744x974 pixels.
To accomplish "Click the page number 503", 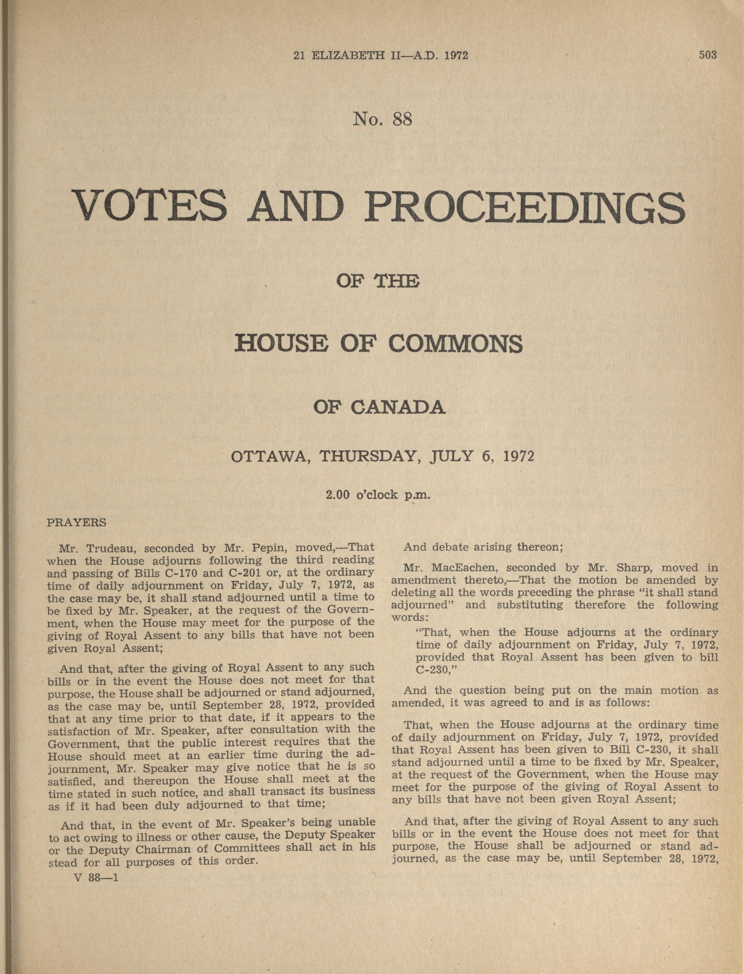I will [x=707, y=55].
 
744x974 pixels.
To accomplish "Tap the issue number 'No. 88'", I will [x=382, y=119].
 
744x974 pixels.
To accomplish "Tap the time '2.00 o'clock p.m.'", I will [x=378, y=494].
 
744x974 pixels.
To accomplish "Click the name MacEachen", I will [x=465, y=568].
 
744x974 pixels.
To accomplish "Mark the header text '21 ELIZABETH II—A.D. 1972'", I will [x=381, y=55].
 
